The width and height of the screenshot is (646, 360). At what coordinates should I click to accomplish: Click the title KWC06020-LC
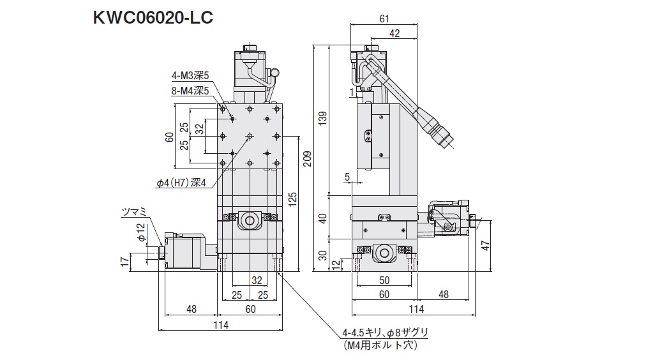[x=153, y=17]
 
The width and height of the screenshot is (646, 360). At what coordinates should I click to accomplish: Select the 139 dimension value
[x=322, y=117]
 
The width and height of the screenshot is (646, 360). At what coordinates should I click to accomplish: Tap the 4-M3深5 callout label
[x=190, y=75]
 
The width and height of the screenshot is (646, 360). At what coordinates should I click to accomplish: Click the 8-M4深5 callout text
[x=190, y=91]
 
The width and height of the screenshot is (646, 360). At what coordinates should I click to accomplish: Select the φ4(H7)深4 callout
[x=182, y=183]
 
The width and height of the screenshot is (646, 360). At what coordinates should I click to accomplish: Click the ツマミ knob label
[x=134, y=211]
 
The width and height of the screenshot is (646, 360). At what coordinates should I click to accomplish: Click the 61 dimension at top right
[x=384, y=19]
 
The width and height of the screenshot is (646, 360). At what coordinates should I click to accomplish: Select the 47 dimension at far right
[x=484, y=245]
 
